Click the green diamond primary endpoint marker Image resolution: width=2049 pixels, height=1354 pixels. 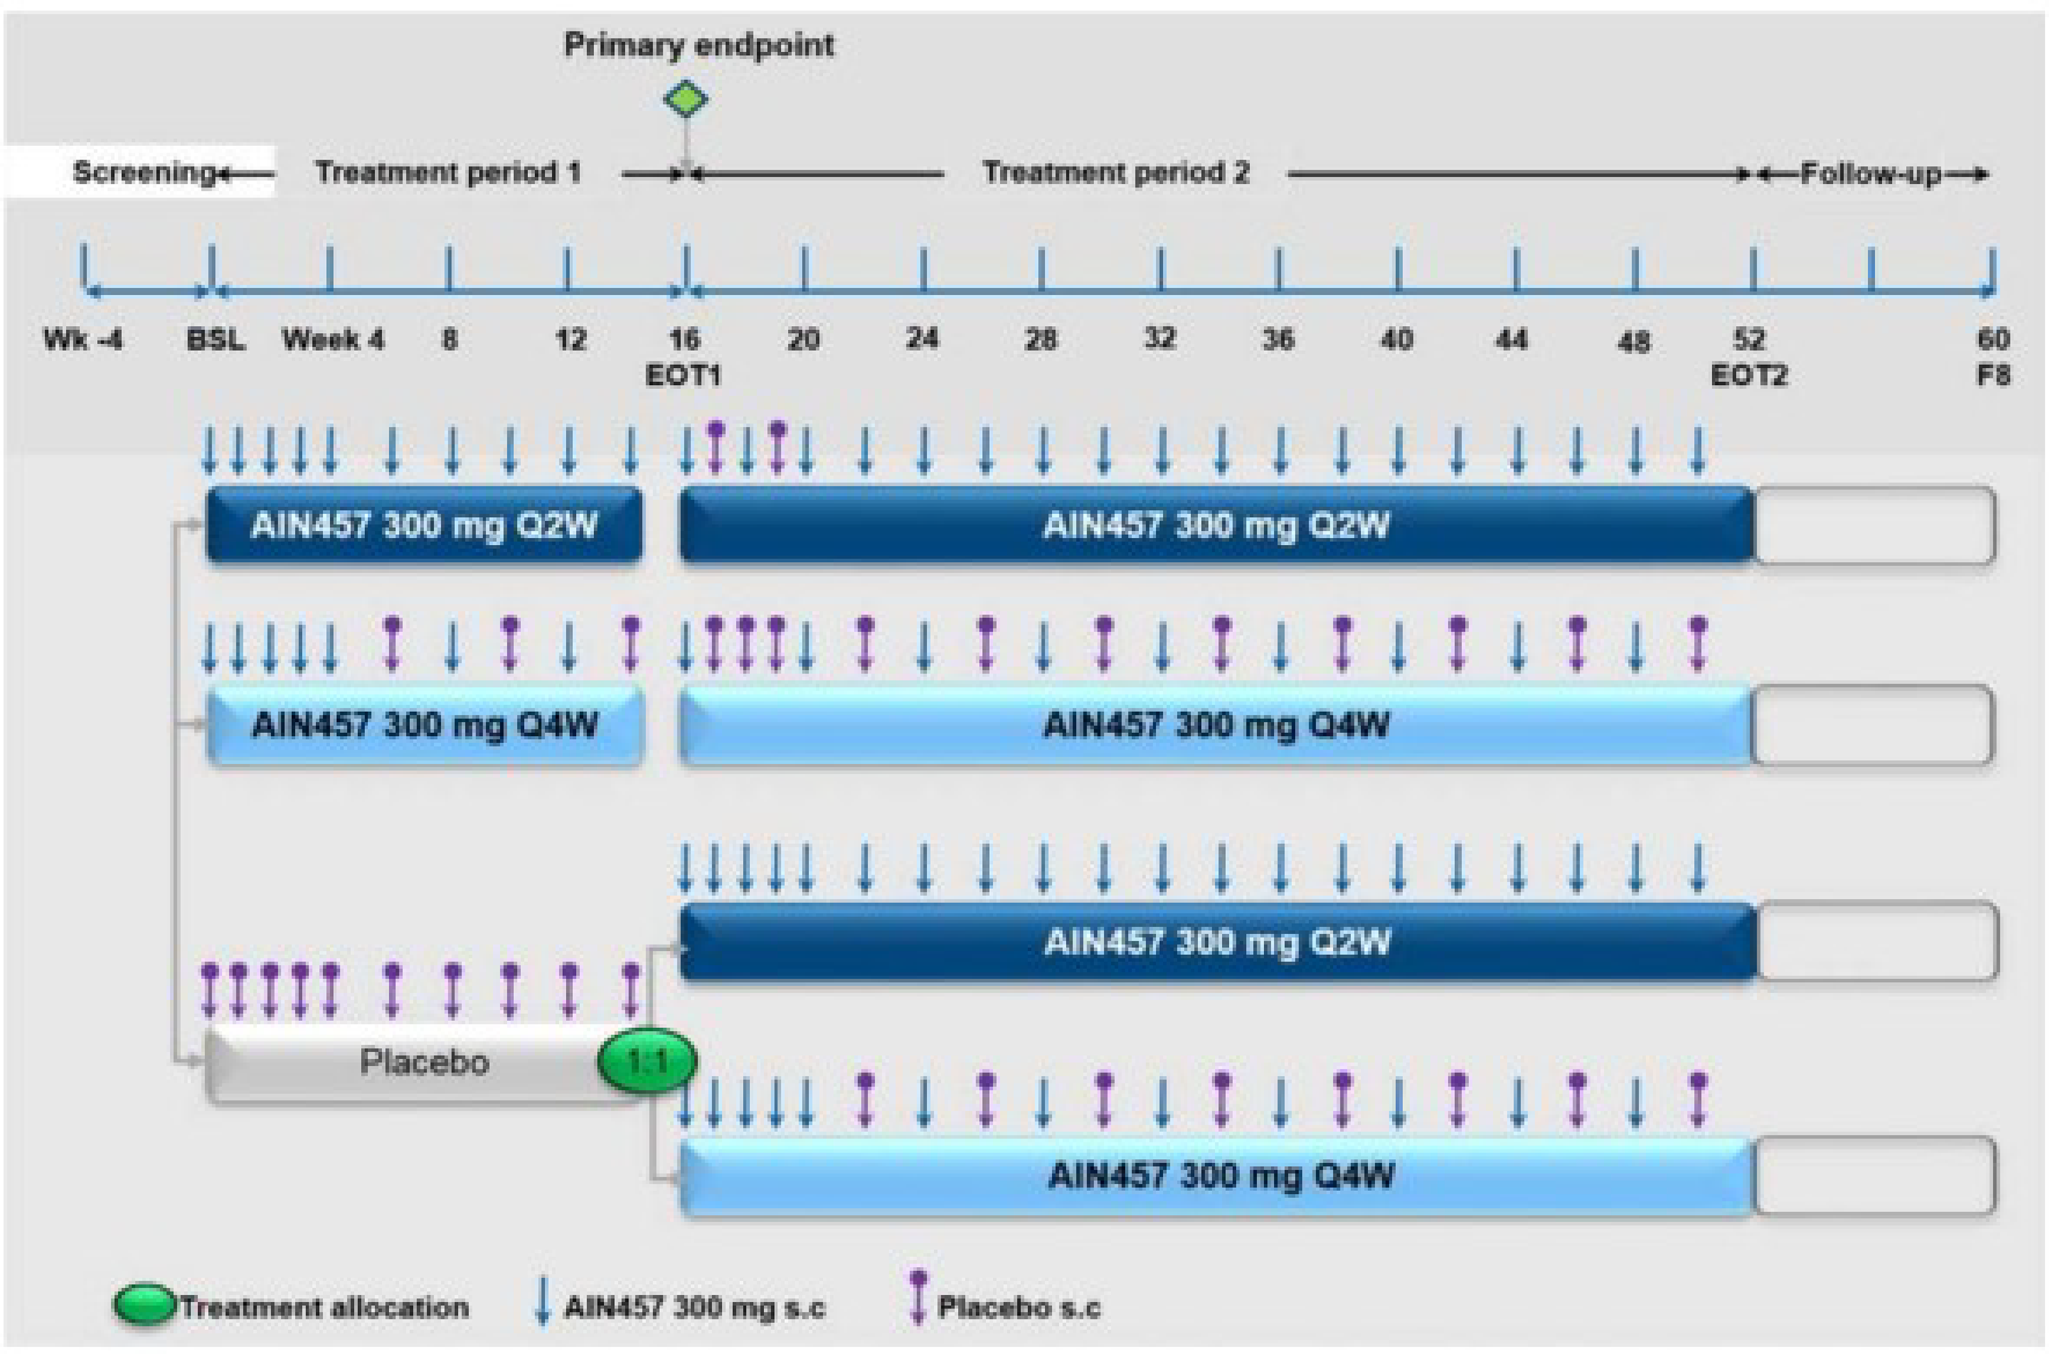pos(686,99)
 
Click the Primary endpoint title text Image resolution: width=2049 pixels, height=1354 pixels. pos(699,45)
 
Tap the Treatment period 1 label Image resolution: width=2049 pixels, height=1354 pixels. pos(447,172)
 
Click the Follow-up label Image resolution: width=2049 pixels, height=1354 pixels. pos(1870,174)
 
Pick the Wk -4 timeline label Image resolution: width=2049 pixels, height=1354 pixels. pos(83,340)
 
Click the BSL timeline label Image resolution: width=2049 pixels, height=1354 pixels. pos(215,340)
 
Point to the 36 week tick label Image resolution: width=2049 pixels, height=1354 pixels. pos(1278,340)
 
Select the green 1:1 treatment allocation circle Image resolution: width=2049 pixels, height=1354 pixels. pos(647,1060)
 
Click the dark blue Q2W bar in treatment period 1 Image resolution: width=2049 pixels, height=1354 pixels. pos(424,525)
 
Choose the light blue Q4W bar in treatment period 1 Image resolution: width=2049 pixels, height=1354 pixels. pos(424,724)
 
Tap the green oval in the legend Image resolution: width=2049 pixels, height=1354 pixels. pos(145,1306)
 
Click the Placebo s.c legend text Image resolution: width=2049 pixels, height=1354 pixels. pos(1019,1308)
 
